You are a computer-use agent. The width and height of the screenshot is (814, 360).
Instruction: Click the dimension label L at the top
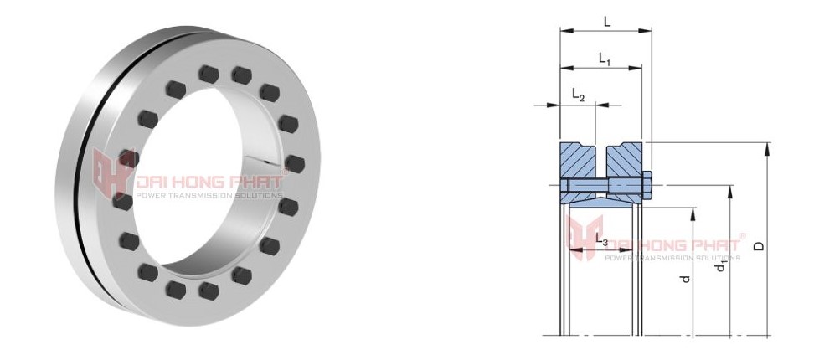tap(606, 23)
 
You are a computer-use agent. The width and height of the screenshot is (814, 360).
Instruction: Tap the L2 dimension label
tap(578, 95)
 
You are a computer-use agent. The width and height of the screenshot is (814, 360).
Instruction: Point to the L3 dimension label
tap(601, 241)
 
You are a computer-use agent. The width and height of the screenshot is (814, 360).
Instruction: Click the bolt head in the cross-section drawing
tap(647, 185)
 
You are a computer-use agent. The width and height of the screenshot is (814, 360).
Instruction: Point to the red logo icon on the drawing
tap(585, 239)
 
